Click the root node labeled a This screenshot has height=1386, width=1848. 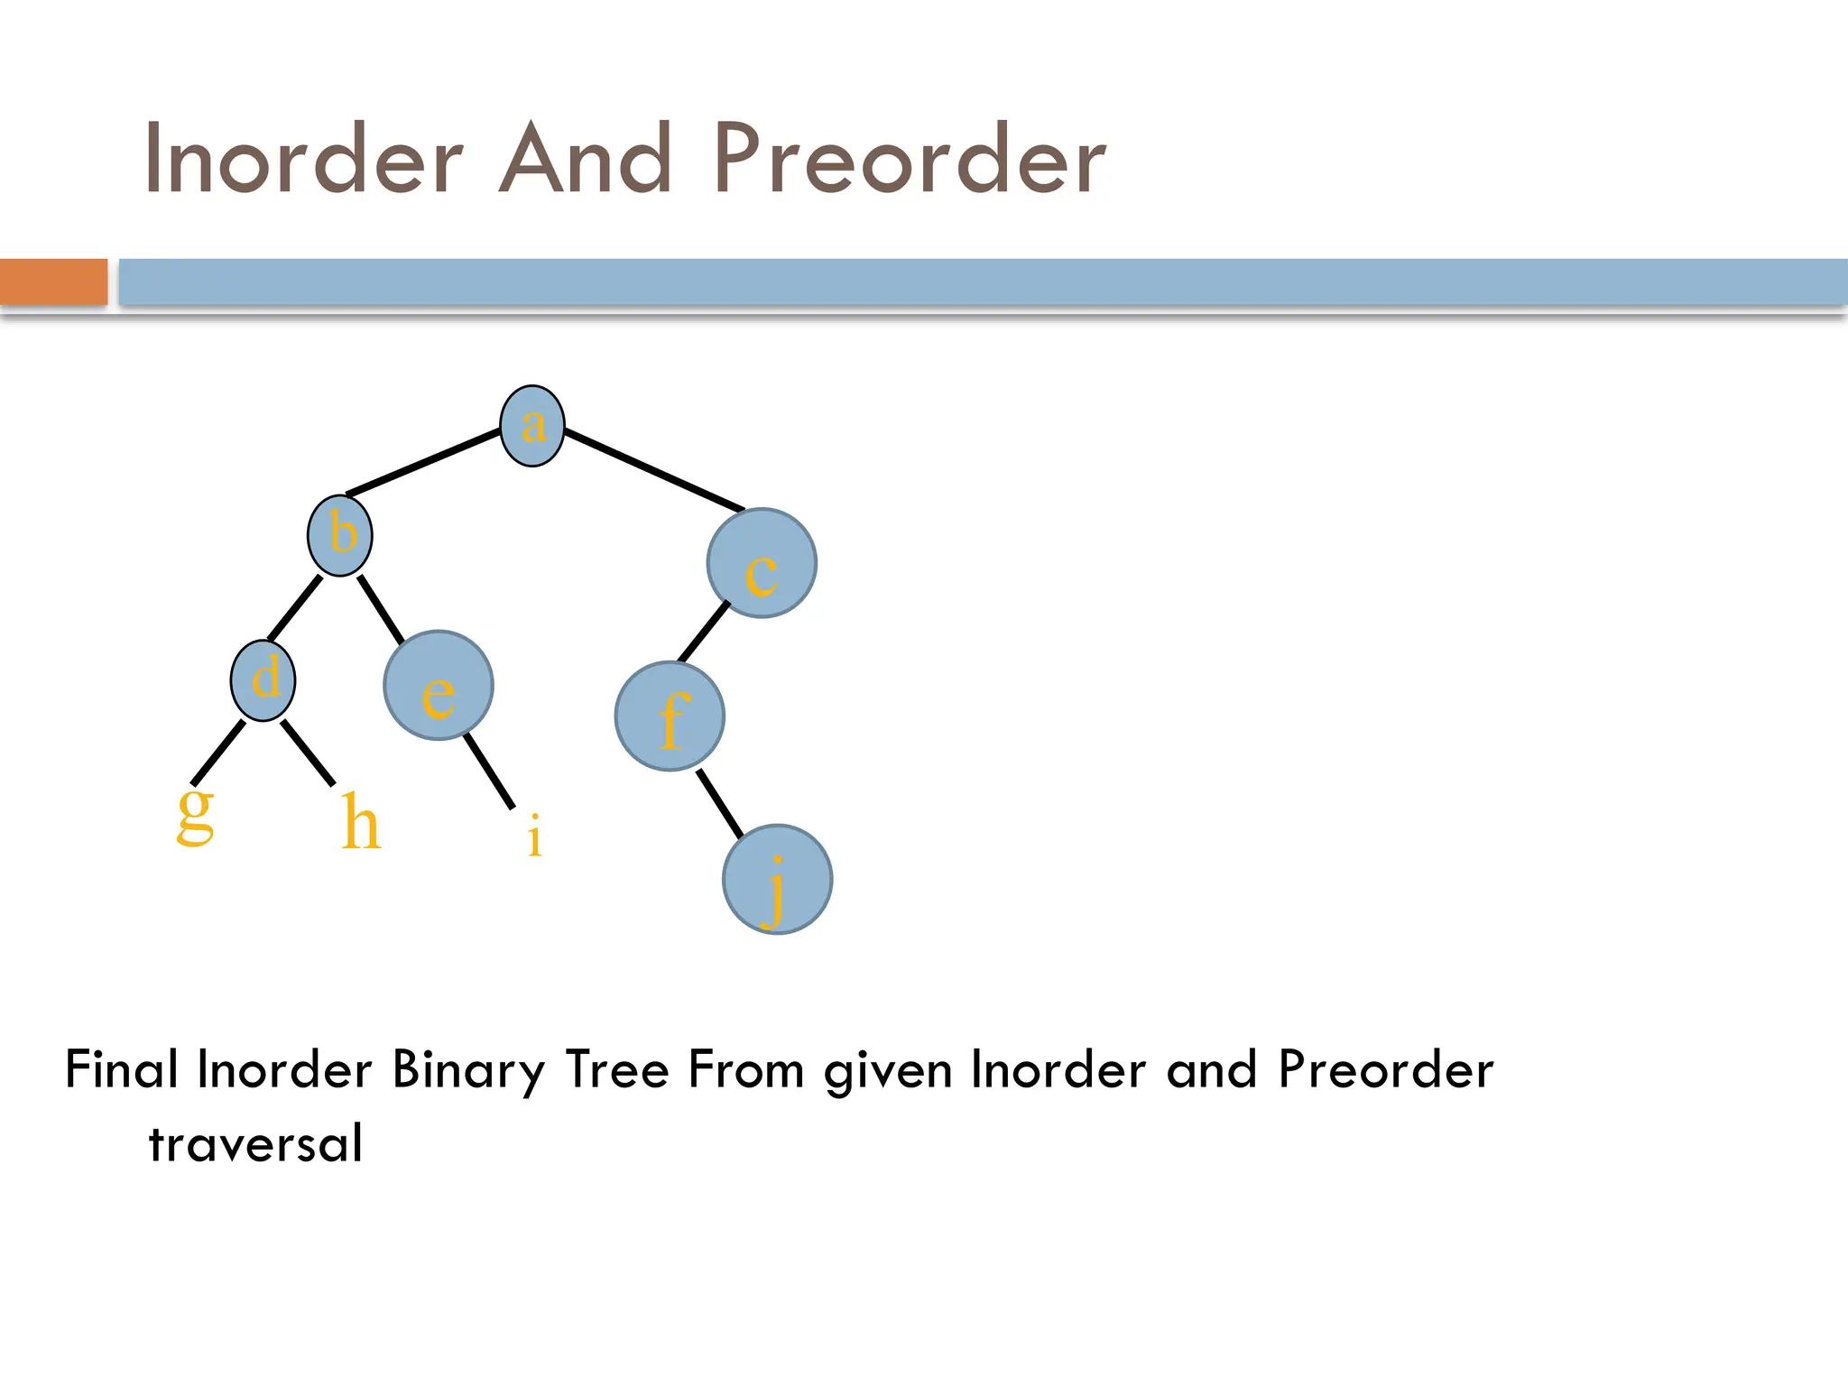(x=532, y=426)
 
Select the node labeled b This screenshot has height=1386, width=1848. (x=340, y=536)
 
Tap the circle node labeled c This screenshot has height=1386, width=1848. (x=762, y=564)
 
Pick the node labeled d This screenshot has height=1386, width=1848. (x=263, y=680)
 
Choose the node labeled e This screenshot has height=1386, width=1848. (x=439, y=686)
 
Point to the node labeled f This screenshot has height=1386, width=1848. (x=670, y=716)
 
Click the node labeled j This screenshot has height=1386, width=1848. (x=777, y=880)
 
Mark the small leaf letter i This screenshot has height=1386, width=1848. (x=534, y=836)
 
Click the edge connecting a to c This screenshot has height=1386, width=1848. (x=654, y=471)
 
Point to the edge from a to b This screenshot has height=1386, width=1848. (x=424, y=463)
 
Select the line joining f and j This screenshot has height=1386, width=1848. (x=720, y=803)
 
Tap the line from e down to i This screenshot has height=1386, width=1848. (x=489, y=771)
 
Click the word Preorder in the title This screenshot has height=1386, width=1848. (x=910, y=161)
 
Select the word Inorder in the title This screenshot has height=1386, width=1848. (x=304, y=161)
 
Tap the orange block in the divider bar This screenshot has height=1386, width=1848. (x=53, y=282)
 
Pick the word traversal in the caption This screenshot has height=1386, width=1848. (x=255, y=1144)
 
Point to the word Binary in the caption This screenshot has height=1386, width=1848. (x=468, y=1071)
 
